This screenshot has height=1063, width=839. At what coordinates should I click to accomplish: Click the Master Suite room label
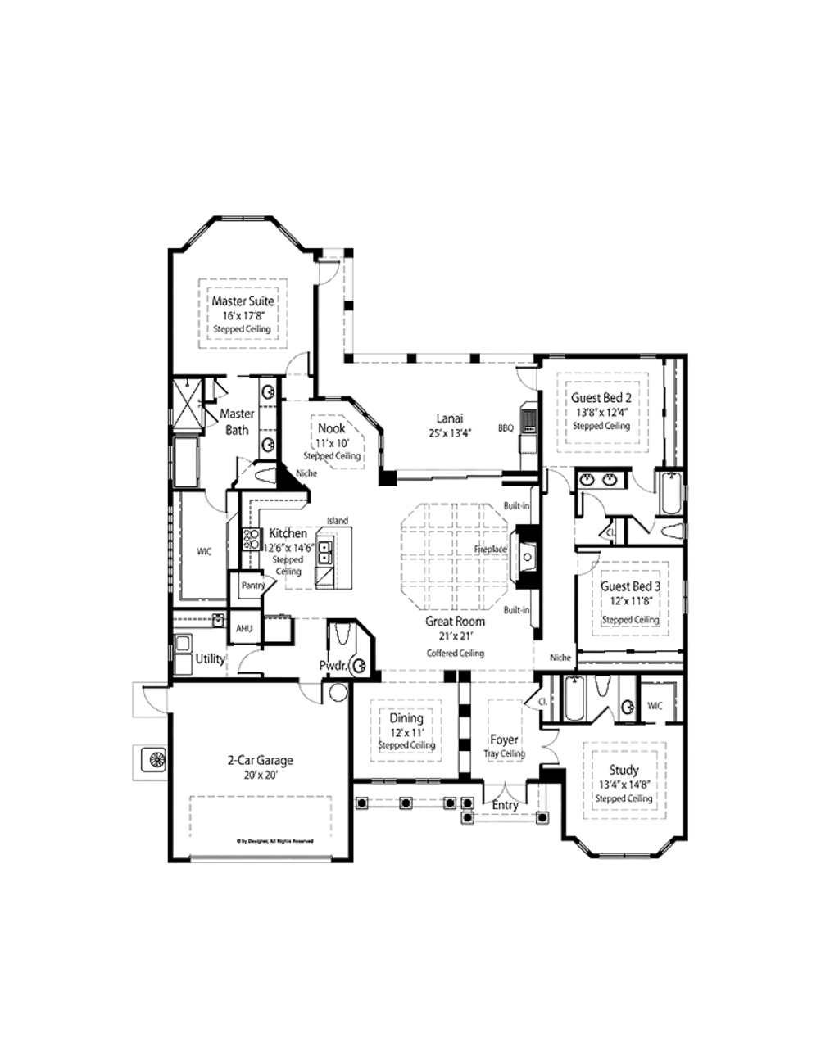point(243,301)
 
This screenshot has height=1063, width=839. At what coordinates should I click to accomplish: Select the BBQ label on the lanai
point(506,427)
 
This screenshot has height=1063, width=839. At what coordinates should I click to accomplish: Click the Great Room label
point(455,622)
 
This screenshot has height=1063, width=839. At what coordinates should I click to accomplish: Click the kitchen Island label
point(338,521)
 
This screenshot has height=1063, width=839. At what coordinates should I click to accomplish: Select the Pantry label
point(253,586)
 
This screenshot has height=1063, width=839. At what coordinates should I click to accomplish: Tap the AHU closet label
point(244,629)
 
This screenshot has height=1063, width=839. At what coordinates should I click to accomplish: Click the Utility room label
point(210,658)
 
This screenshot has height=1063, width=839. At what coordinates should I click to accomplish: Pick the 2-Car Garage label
point(260,760)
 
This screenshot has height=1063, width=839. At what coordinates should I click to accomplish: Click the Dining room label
point(406,718)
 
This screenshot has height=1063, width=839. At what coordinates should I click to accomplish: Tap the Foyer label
point(504,740)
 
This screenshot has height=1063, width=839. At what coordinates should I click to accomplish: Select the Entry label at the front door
point(505,805)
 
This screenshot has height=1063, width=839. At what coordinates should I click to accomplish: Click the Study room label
point(624,770)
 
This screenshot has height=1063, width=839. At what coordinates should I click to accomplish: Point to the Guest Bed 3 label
point(630,586)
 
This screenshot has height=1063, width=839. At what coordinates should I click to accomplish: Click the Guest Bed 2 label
point(601,398)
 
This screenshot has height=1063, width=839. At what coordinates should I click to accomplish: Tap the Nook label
point(332,428)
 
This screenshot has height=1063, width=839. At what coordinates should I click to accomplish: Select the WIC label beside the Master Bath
point(204,551)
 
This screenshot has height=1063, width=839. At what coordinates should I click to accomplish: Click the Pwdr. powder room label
point(333,666)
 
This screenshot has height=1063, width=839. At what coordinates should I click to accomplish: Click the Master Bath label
point(237,422)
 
